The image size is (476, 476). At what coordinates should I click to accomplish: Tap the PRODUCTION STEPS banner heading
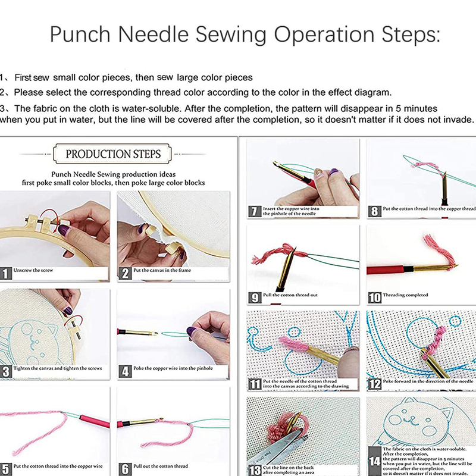pyautogui.click(x=113, y=154)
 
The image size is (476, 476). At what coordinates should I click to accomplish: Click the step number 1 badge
pyautogui.click(x=5, y=273)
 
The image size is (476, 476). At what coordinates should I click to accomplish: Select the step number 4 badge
pyautogui.click(x=124, y=371)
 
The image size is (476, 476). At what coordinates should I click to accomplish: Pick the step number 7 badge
pyautogui.click(x=255, y=211)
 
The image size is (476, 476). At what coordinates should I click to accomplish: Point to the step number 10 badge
pyautogui.click(x=375, y=296)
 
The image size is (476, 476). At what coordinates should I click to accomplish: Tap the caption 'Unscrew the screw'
pyautogui.click(x=33, y=271)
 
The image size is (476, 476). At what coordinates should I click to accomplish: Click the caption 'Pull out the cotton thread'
pyautogui.click(x=161, y=466)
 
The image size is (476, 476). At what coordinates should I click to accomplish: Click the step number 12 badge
pyautogui.click(x=374, y=384)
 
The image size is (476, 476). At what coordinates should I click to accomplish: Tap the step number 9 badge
pyautogui.click(x=255, y=296)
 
